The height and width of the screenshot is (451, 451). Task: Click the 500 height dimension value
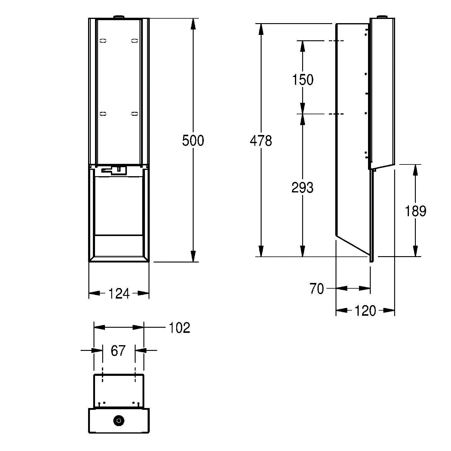click(x=193, y=141)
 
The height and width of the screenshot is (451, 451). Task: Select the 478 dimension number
click(x=261, y=141)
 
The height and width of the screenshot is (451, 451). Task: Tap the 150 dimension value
click(x=303, y=80)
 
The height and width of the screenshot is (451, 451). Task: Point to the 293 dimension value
click(x=302, y=188)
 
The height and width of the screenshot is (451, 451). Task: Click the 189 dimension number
click(x=415, y=211)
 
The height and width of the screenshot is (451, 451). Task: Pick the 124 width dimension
click(x=119, y=293)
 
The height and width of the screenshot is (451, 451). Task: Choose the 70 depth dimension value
click(x=317, y=289)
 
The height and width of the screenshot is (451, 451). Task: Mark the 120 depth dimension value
click(x=365, y=311)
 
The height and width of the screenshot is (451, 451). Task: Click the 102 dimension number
click(x=179, y=328)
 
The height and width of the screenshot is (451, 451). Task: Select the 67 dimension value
click(x=118, y=351)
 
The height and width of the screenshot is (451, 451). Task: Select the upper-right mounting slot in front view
click(x=134, y=40)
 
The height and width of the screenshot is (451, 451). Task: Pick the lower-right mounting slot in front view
click(x=134, y=114)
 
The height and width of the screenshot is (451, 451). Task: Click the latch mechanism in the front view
click(x=114, y=170)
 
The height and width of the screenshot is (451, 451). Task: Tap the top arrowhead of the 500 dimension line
click(x=193, y=24)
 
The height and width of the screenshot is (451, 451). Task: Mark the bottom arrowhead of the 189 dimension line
click(x=415, y=251)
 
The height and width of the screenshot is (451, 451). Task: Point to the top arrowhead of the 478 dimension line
click(x=261, y=29)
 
